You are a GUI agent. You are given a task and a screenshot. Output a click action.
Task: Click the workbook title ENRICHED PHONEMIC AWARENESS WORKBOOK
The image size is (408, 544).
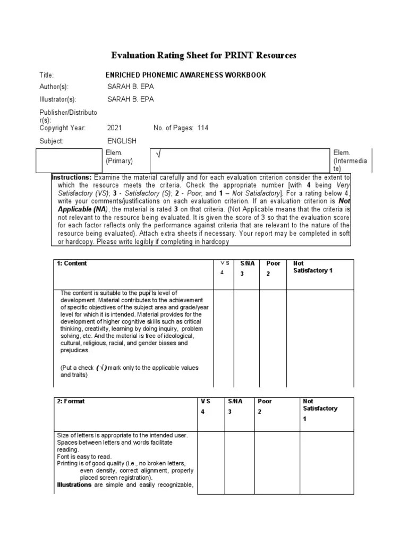pos(186,75)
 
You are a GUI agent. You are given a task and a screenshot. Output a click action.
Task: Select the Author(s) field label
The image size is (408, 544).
pos(54,87)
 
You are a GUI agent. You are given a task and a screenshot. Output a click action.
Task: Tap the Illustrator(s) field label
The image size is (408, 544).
pos(58,99)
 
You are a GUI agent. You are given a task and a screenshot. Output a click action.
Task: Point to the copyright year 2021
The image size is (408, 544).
pos(114,128)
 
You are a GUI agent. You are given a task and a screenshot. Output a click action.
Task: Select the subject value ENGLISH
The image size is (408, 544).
pos(122,141)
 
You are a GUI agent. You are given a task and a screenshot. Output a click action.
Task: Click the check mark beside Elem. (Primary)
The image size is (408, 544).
pos(158,155)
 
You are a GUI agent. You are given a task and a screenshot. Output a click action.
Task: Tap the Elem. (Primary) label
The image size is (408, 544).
pos(119,157)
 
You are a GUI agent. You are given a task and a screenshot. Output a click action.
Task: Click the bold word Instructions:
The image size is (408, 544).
pos(71,177)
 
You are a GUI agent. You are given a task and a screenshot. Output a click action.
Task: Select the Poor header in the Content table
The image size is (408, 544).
pos(273,263)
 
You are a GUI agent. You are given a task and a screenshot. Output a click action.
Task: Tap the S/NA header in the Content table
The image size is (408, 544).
pos(247,263)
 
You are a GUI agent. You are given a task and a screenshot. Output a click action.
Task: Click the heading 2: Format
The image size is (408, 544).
pos(71,402)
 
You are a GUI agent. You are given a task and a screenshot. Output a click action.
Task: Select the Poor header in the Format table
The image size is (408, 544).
pos(265,402)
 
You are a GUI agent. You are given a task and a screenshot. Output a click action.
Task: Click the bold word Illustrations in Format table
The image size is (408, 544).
pos(74,484)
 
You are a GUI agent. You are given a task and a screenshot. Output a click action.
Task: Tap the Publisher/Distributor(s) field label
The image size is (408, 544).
pos(69,116)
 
